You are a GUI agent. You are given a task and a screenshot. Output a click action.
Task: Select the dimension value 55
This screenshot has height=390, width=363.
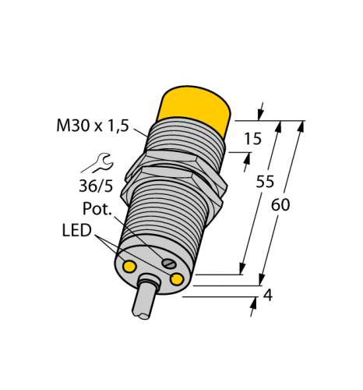coord(266,182)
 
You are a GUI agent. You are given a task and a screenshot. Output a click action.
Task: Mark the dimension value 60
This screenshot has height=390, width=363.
coord(282,205)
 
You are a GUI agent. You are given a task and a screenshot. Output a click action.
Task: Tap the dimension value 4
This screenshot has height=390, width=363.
coord(267,296)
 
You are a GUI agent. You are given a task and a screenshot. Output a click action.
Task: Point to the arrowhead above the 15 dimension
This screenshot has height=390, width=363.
coord(259,112)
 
